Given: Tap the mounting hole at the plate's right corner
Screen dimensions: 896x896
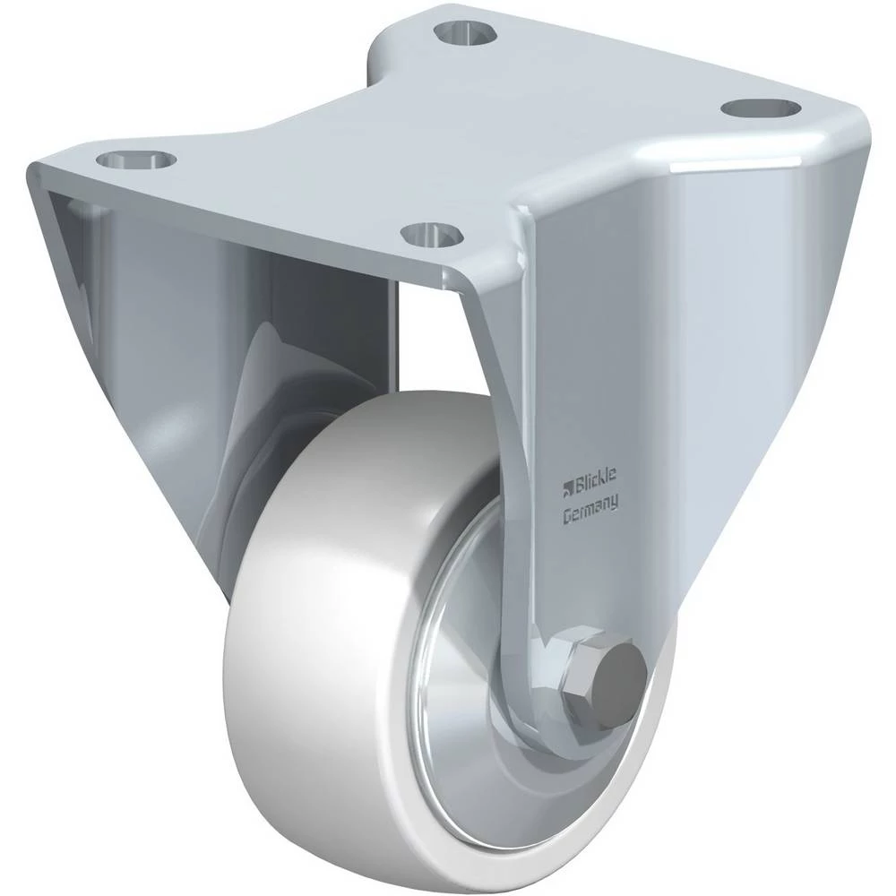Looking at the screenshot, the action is coord(759,108).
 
